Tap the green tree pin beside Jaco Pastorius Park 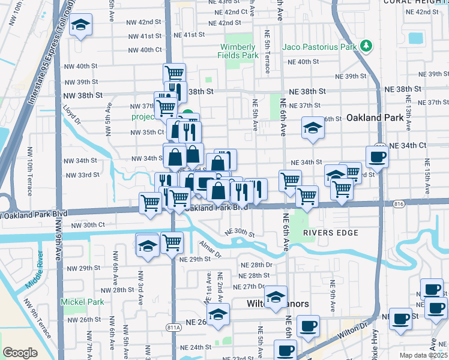pyautogui.click(x=366, y=46)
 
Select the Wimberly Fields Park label pyautogui.click(x=239, y=51)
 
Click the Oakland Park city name pyautogui.click(x=375, y=118)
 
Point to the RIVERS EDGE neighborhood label pyautogui.click(x=330, y=233)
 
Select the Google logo pyautogui.click(x=20, y=353)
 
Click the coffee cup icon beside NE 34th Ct pyautogui.click(x=377, y=157)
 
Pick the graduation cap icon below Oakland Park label pyautogui.click(x=312, y=128)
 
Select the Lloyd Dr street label pyautogui.click(x=72, y=116)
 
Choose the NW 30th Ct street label pyautogui.click(x=88, y=226)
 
